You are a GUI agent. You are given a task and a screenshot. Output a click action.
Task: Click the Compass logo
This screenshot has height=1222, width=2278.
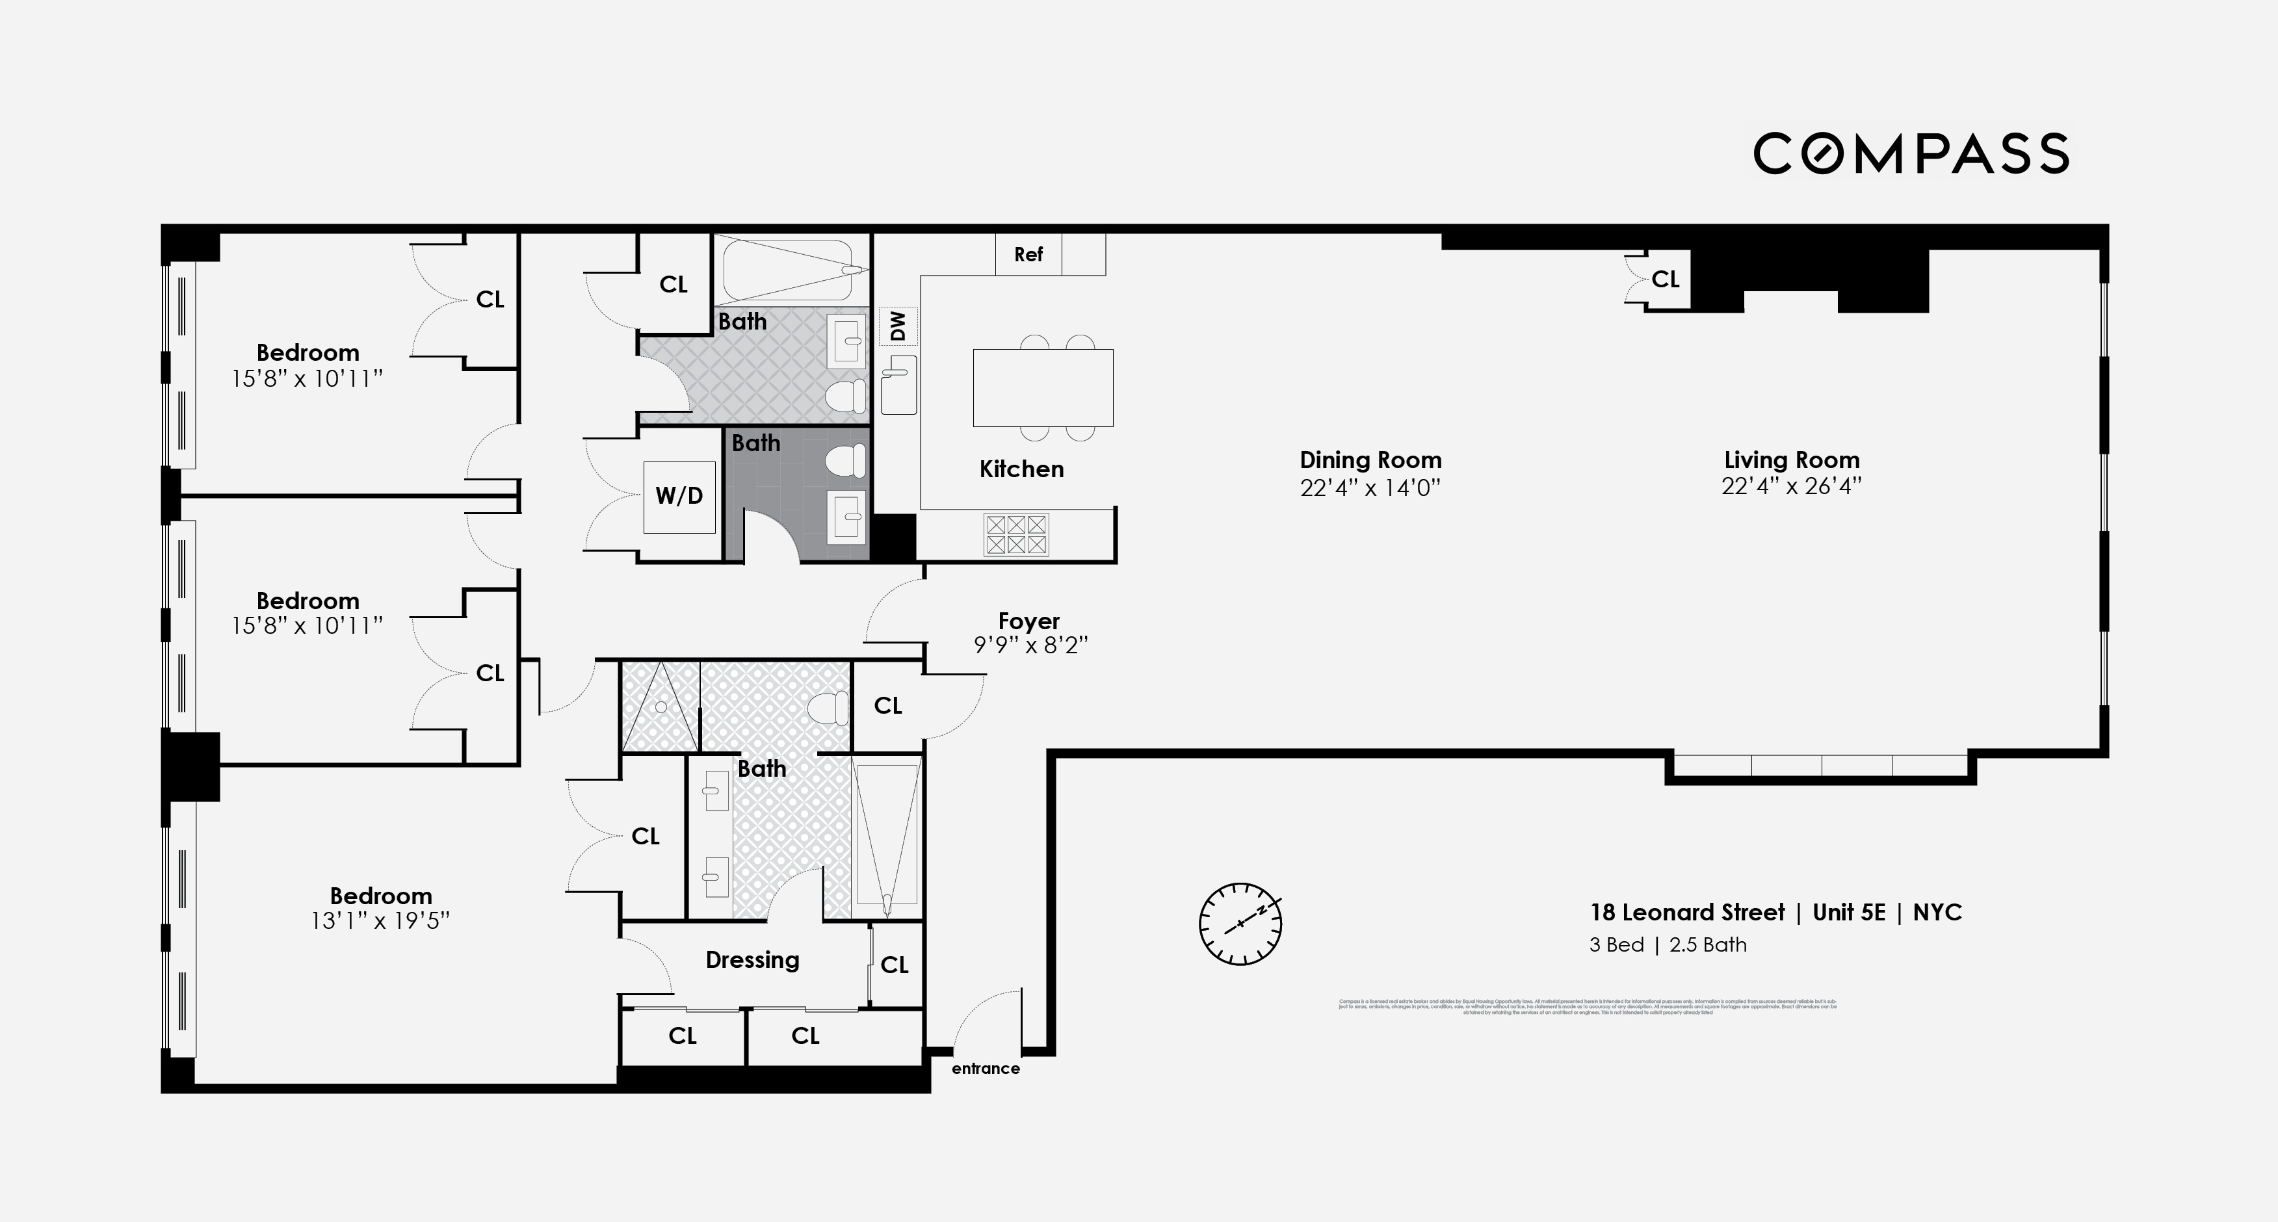point(1910,154)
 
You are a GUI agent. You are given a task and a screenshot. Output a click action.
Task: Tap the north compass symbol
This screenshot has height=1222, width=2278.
point(1240,923)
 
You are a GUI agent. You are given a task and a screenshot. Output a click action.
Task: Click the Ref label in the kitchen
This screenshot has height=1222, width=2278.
point(1028,255)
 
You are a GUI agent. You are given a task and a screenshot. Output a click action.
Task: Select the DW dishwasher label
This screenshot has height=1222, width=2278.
point(898,326)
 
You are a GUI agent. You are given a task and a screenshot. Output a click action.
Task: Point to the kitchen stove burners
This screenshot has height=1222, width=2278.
point(1016,534)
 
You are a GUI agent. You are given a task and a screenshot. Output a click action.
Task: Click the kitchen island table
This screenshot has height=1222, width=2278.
point(1043,388)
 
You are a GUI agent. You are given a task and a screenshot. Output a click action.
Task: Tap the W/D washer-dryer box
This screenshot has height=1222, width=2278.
point(679,496)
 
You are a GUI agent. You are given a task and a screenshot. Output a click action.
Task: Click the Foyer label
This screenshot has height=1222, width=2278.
point(1028,621)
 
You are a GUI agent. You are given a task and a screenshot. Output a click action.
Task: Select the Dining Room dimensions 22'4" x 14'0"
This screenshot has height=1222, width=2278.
point(1370,488)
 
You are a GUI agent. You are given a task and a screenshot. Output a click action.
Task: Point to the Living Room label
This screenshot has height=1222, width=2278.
point(1792,460)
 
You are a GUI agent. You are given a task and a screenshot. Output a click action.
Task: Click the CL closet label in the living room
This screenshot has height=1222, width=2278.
point(1665,279)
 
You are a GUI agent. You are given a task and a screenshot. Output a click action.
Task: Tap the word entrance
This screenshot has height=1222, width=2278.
point(985,1068)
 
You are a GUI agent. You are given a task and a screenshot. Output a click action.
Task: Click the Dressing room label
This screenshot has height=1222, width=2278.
point(752,959)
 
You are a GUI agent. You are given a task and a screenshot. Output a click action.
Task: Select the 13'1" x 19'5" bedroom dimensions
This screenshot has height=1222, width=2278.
point(380,921)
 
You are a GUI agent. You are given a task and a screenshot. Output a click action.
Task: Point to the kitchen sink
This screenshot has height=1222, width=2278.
point(899,385)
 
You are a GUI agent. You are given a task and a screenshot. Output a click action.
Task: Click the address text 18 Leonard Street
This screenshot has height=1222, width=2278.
point(1687,913)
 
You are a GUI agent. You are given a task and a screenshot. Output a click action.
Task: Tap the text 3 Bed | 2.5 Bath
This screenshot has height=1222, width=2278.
point(1668,944)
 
